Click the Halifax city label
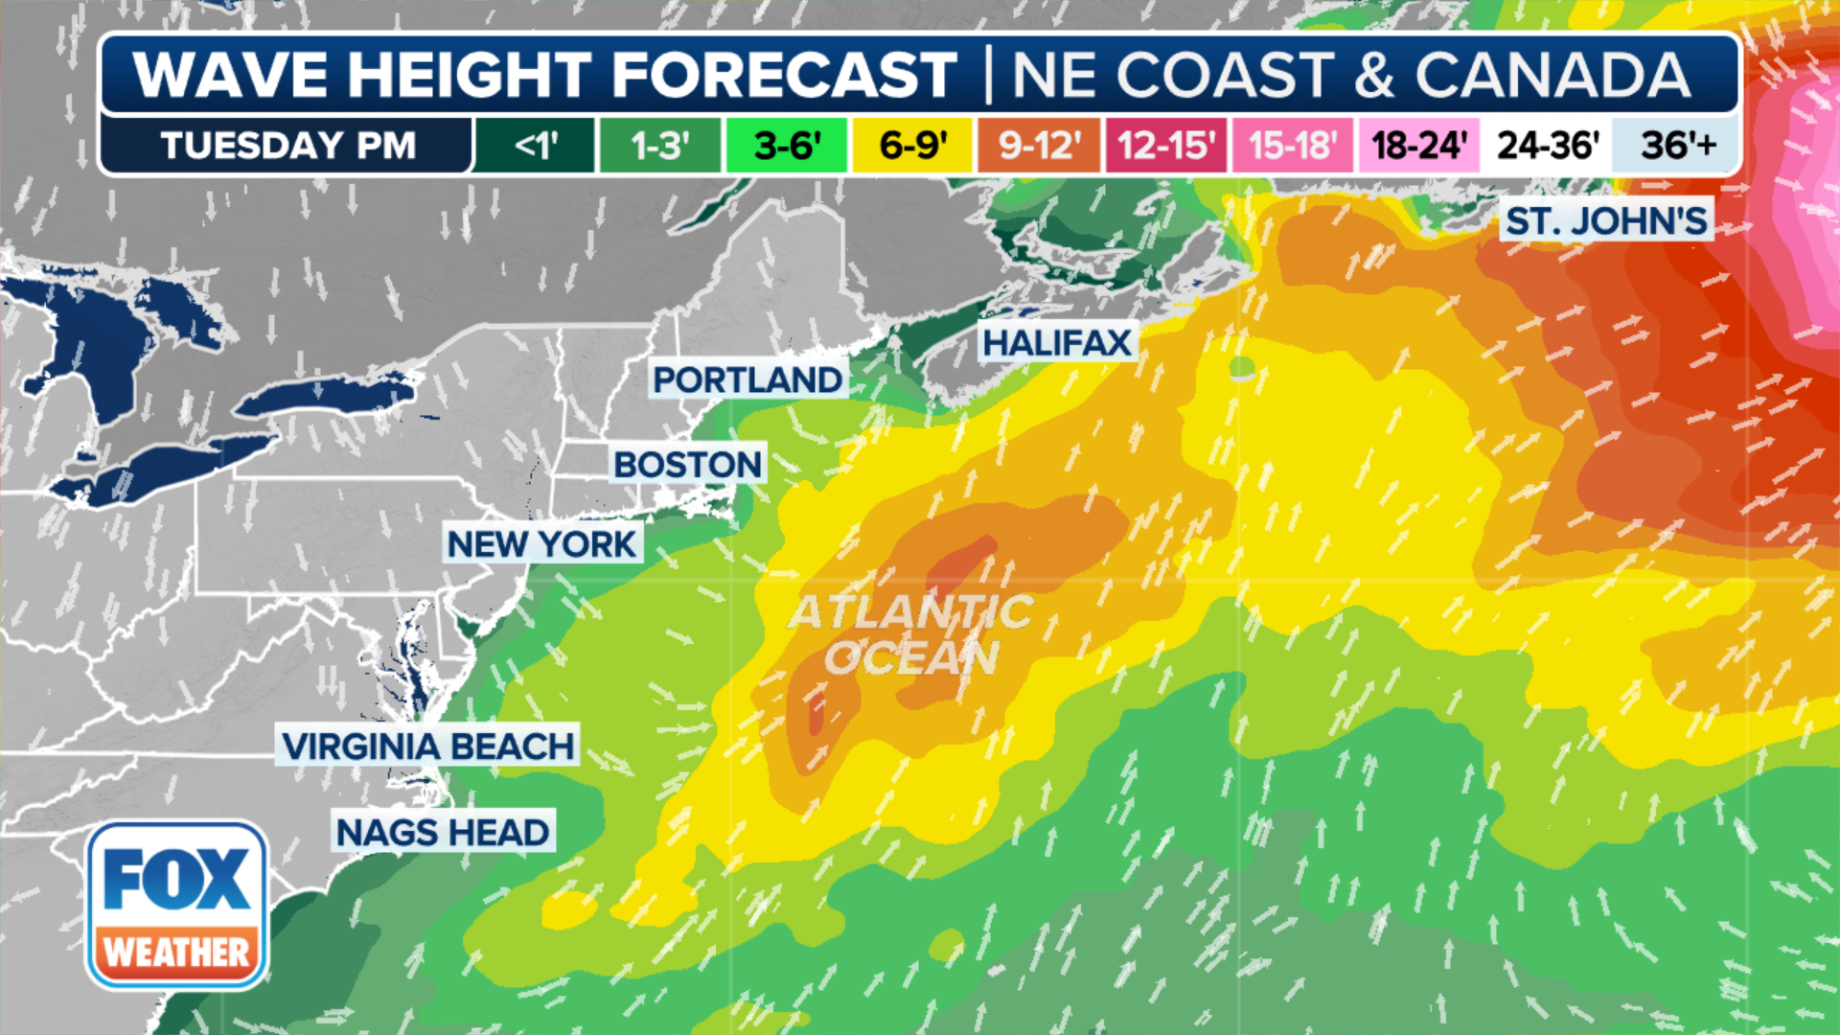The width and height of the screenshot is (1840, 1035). pos(1057,342)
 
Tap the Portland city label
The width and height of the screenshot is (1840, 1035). pos(747,379)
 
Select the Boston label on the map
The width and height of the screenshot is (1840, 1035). pos(688,465)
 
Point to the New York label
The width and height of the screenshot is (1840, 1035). pos(541,544)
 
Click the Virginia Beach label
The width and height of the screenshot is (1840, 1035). pos(428,746)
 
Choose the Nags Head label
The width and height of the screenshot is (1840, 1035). pos(443,832)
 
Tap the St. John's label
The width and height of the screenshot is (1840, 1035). pos(1606,221)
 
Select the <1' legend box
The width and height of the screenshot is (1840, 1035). pos(535,146)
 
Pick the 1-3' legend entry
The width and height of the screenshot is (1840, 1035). pos(659,146)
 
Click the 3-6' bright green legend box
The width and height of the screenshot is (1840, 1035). pos(786,146)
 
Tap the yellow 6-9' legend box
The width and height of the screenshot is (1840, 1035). pos(912,146)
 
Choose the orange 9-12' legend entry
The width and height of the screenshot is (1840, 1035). pos(1039,146)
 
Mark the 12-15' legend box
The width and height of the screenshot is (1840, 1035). pos(1165,146)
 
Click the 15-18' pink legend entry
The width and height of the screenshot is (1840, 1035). pos(1292,146)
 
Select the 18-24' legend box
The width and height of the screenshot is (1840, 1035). pos(1418,146)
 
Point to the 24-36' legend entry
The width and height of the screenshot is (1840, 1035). pos(1547,146)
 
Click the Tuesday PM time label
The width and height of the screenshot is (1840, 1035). pos(287,146)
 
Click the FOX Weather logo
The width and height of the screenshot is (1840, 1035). pos(177,906)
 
